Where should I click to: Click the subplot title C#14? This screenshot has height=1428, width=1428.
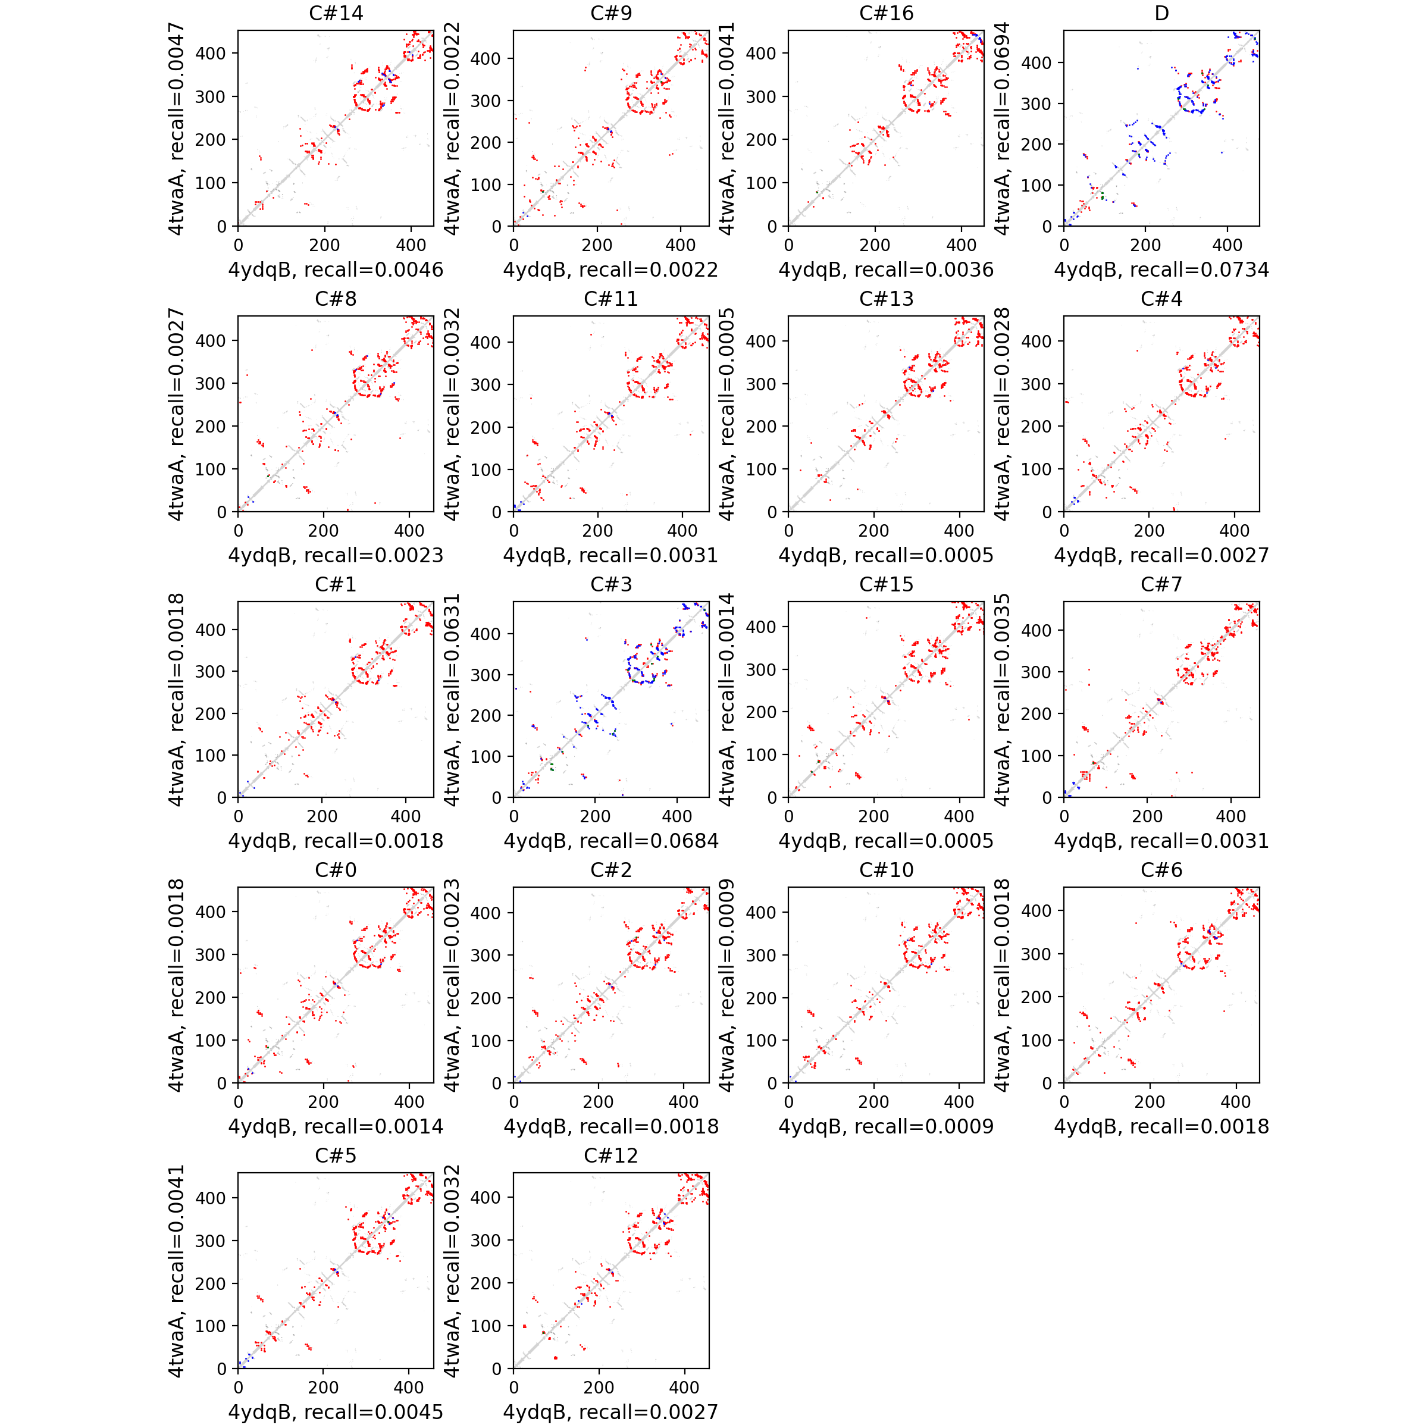[336, 13]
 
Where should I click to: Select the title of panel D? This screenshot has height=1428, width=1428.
[1161, 13]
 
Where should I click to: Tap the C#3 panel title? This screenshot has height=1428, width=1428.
[610, 585]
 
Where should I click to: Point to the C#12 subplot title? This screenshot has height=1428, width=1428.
[610, 1155]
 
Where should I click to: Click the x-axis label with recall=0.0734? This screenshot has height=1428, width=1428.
[1161, 270]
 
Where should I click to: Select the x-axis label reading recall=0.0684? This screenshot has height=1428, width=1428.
[610, 841]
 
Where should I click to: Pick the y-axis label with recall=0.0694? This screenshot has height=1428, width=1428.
[1001, 128]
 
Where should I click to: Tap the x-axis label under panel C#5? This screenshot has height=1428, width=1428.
[336, 1412]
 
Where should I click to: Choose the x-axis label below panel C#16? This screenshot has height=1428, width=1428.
[885, 270]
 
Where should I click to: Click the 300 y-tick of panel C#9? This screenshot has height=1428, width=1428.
[486, 101]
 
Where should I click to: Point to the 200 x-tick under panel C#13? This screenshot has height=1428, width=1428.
[873, 531]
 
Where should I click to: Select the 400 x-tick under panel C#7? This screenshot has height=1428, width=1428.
[1230, 816]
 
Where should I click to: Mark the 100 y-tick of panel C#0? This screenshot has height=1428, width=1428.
[210, 1040]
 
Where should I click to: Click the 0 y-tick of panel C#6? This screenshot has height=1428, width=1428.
[1047, 1083]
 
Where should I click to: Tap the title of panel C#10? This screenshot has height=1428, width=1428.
[885, 870]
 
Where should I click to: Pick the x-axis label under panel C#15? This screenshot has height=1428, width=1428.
[885, 841]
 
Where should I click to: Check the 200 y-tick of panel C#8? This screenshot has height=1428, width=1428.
[210, 427]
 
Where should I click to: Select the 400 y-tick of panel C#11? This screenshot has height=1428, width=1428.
[486, 342]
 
